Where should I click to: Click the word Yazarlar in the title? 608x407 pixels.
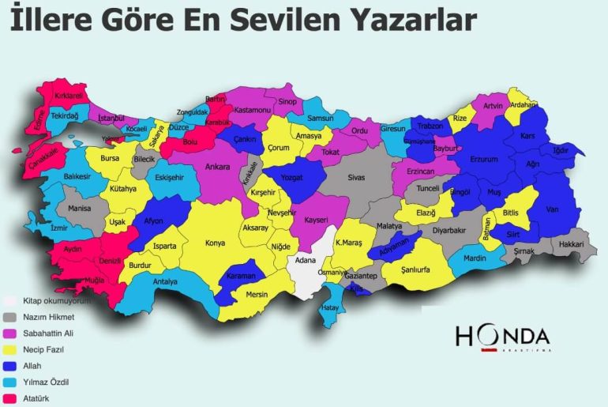pos(405,21)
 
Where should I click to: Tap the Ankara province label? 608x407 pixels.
pos(217,167)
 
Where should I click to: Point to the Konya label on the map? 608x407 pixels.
pos(215,243)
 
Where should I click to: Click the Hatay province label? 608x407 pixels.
pos(330,307)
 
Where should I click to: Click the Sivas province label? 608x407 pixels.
pos(357,178)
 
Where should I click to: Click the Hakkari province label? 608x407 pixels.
pos(571,245)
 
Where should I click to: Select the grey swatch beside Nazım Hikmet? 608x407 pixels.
pos(9,317)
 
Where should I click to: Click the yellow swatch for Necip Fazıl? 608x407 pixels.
pos(9,349)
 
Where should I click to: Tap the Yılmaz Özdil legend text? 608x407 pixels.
pos(46,382)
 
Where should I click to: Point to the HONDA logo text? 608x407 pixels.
pos(502,335)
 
